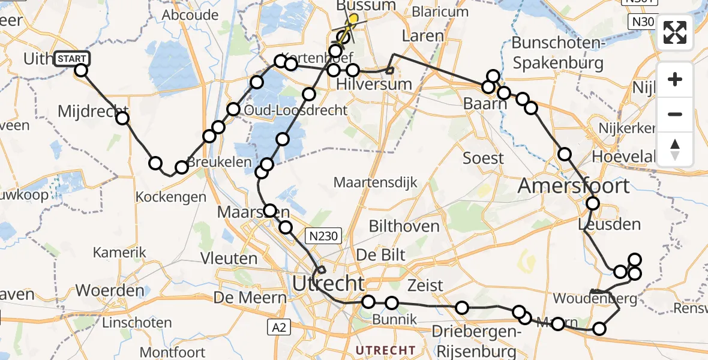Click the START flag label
point(73,59)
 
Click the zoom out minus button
point(675,114)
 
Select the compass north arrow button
point(675,149)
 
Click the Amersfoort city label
point(574,185)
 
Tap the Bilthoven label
point(404,226)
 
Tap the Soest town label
point(483,158)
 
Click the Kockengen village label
point(171,196)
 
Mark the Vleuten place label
point(230,259)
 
